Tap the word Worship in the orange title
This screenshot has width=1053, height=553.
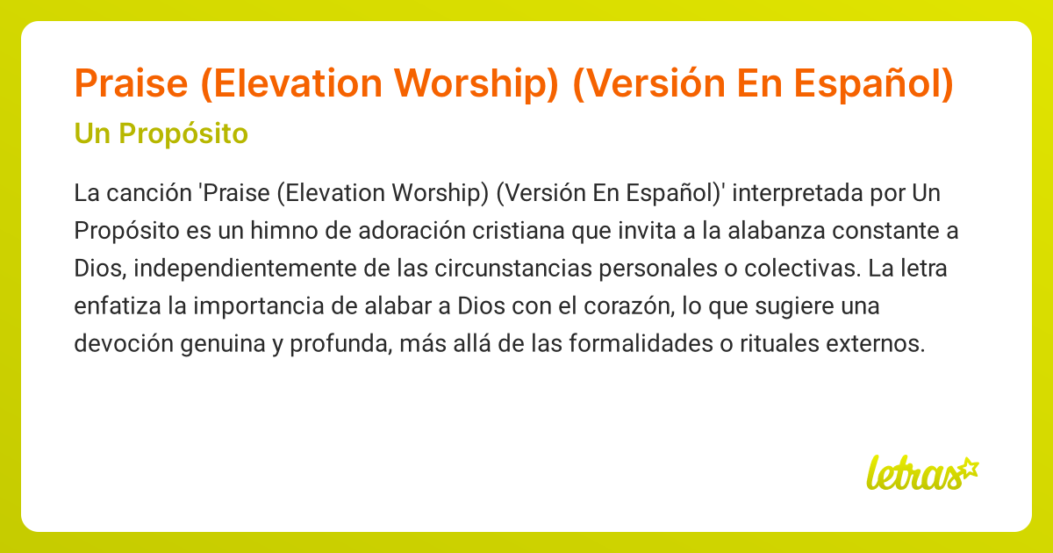click(x=475, y=83)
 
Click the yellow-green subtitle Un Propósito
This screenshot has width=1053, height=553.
click(x=161, y=134)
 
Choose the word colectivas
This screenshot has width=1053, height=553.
click(x=793, y=268)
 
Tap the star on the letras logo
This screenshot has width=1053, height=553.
click(x=969, y=466)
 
